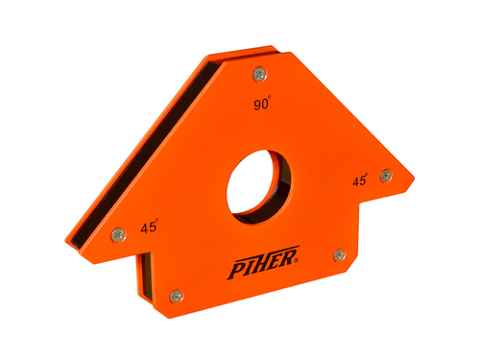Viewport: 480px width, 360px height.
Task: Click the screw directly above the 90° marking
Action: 260,75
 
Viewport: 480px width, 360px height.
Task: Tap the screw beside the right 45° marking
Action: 386,176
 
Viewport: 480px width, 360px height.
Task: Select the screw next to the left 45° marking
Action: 118,235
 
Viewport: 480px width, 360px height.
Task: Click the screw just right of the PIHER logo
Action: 340,254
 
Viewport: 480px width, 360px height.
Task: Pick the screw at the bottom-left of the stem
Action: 177,296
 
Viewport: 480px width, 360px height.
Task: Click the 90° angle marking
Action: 262,103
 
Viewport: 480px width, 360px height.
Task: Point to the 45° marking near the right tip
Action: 360,180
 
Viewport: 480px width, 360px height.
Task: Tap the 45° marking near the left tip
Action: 150,226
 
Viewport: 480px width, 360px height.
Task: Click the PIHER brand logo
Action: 263,262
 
